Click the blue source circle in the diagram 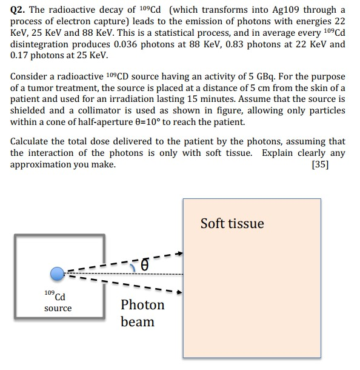click(x=57, y=274)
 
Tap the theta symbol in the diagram click(x=144, y=264)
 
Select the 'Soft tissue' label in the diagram click(x=232, y=224)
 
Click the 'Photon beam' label click(x=142, y=313)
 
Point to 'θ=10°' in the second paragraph click(x=181, y=122)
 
